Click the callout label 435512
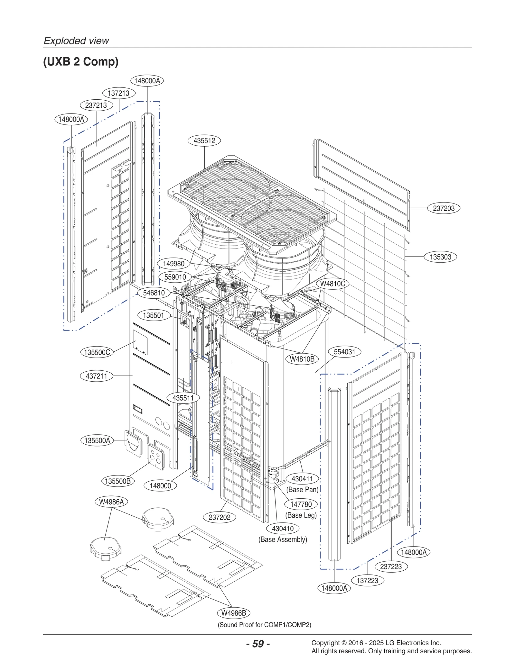(x=204, y=140)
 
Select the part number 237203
(x=444, y=208)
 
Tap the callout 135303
(x=440, y=257)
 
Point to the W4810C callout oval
(x=332, y=284)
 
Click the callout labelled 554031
(x=344, y=352)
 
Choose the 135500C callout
(x=97, y=352)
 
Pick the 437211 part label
(x=97, y=376)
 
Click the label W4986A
(x=111, y=502)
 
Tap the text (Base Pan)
(x=302, y=490)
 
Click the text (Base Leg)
(x=301, y=515)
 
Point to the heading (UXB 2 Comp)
(x=81, y=61)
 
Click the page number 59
(x=258, y=644)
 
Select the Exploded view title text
(x=76, y=41)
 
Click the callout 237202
(x=220, y=517)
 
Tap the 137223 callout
(x=367, y=581)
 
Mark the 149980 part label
(x=173, y=264)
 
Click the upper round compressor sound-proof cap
(x=158, y=519)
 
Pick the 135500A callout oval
(x=97, y=440)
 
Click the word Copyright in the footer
(x=325, y=643)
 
